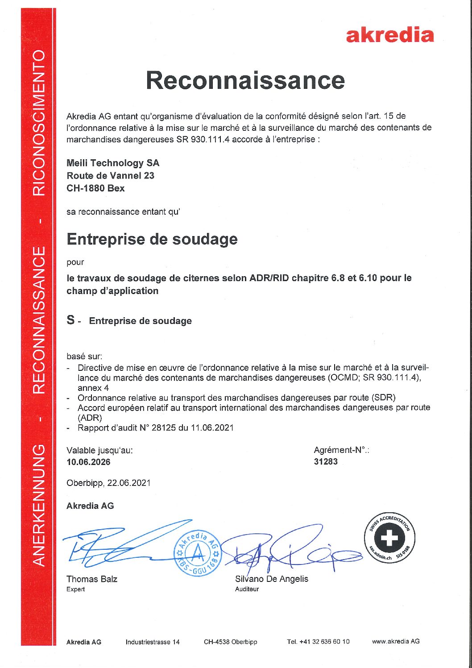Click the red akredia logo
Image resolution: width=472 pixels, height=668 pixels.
389,35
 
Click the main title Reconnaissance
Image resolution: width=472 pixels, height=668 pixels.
245,80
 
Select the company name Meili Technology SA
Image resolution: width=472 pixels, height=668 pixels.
113,163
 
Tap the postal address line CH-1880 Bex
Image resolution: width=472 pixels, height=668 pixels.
95,188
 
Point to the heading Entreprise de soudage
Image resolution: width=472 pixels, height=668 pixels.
152,239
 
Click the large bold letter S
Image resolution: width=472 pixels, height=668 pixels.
71,320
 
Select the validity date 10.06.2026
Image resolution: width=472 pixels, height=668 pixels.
88,462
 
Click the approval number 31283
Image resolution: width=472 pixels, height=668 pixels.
326,462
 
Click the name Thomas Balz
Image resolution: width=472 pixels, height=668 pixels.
92,579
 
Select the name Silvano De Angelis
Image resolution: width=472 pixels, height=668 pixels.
271,579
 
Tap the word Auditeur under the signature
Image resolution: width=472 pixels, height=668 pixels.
247,589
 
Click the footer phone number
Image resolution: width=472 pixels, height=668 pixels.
318,642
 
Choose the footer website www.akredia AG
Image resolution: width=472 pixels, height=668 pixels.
396,641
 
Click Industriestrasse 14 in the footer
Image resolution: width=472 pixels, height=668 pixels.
153,642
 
